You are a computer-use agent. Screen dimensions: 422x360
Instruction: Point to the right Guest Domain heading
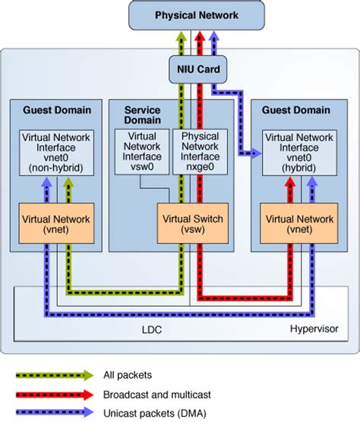(297, 110)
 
